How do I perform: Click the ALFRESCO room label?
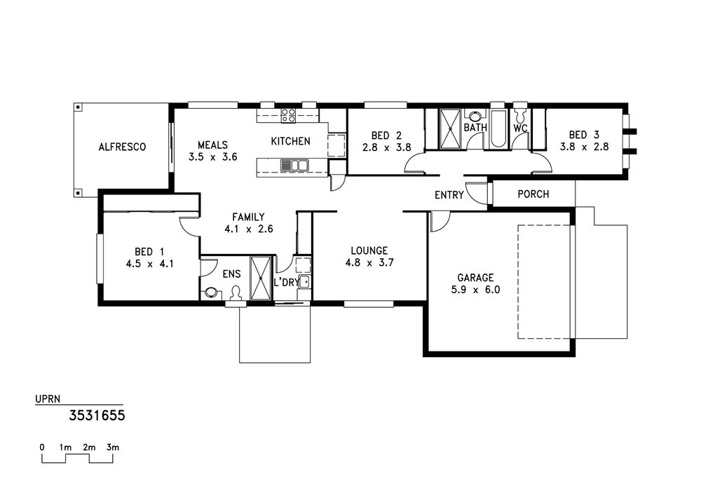[122, 147]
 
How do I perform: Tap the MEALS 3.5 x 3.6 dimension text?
[213, 157]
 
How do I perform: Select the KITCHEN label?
[291, 141]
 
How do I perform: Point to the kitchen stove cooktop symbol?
[288, 115]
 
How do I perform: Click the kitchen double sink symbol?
[294, 165]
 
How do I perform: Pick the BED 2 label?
[386, 135]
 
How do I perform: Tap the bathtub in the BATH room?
[498, 128]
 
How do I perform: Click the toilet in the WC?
[520, 114]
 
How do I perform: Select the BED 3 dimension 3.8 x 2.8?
[585, 147]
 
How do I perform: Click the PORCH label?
[533, 194]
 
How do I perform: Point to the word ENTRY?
[449, 195]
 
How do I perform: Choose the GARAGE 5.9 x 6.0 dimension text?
[476, 290]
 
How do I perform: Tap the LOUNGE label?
[369, 250]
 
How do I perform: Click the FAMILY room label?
[249, 217]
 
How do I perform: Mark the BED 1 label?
[149, 252]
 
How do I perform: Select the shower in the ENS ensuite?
[261, 278]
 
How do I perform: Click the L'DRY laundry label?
[286, 283]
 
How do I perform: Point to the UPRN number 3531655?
[97, 416]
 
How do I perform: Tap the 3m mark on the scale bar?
[113, 448]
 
